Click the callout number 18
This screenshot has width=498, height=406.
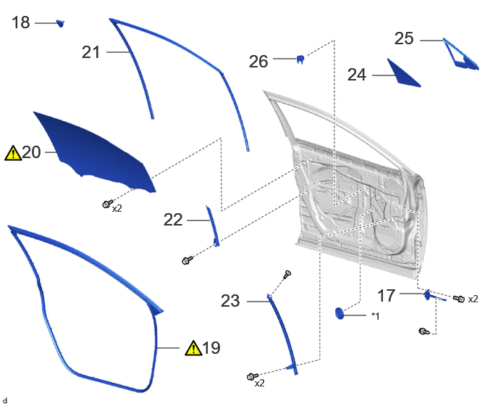coord(21,22)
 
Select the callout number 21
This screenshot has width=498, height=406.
coord(91,52)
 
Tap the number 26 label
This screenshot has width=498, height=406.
coord(258,62)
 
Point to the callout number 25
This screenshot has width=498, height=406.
coord(404,38)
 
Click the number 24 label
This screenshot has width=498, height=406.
coord(357,75)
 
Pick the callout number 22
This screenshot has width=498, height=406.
coord(173,220)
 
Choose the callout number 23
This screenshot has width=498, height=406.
coord(230,301)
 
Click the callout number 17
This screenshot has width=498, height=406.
coord(387,296)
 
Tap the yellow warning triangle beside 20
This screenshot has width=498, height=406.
coord(13,153)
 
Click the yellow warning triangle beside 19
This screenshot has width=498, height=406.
coord(193,348)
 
